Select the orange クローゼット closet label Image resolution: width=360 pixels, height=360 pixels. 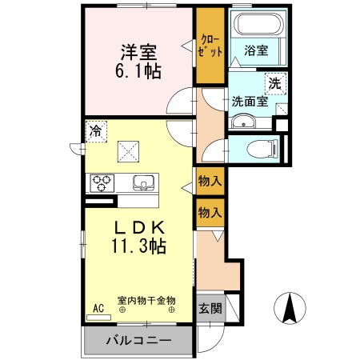click(x=210, y=45)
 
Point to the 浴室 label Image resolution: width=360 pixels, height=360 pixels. click(x=256, y=50)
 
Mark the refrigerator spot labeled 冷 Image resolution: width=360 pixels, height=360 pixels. click(x=96, y=128)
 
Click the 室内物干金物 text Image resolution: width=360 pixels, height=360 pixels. click(x=146, y=301)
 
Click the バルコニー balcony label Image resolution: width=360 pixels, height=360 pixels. click(x=138, y=341)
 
